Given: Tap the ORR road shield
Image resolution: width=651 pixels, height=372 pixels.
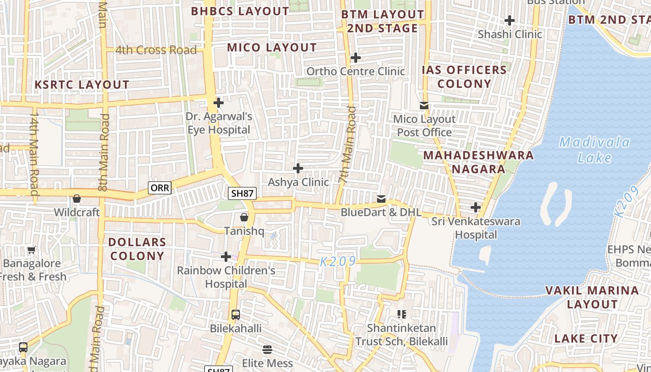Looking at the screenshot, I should pyautogui.click(x=159, y=188).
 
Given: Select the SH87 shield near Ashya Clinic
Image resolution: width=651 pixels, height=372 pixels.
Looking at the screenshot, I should pyautogui.click(x=242, y=193).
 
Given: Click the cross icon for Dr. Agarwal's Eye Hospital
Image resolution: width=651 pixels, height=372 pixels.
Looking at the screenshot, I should pyautogui.click(x=218, y=102).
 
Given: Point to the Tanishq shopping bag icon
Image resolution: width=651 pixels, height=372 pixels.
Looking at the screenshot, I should pyautogui.click(x=244, y=217).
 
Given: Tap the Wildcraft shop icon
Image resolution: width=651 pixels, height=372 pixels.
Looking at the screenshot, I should pyautogui.click(x=77, y=199).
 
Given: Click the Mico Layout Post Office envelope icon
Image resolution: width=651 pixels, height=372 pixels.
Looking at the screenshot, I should pyautogui.click(x=424, y=106).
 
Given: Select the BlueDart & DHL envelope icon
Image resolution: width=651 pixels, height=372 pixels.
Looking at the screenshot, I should pyautogui.click(x=381, y=199).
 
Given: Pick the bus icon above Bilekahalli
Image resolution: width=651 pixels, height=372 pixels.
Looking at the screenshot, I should pyautogui.click(x=236, y=315).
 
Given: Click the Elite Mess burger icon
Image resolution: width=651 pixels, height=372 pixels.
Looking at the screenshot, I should pyautogui.click(x=267, y=349).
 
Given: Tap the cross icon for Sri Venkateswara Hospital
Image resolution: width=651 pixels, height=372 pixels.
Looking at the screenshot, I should pyautogui.click(x=476, y=207).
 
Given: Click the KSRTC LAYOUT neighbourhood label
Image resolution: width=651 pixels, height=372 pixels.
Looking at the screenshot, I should pyautogui.click(x=82, y=85).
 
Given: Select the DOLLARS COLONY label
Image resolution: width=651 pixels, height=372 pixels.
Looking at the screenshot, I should pyautogui.click(x=137, y=249).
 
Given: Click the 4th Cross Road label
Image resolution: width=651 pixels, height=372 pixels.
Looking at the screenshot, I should pyautogui.click(x=156, y=50).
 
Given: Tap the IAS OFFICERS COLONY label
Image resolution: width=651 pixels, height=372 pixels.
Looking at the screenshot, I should pyautogui.click(x=464, y=77).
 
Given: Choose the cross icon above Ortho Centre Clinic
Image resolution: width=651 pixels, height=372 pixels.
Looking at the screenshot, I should pyautogui.click(x=356, y=58).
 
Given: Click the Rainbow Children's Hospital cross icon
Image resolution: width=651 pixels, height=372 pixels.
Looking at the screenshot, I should pyautogui.click(x=226, y=257).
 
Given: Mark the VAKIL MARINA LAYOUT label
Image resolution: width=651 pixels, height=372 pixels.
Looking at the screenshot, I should pyautogui.click(x=592, y=297).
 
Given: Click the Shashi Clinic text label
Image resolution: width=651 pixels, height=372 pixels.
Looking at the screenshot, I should pyautogui.click(x=510, y=34).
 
